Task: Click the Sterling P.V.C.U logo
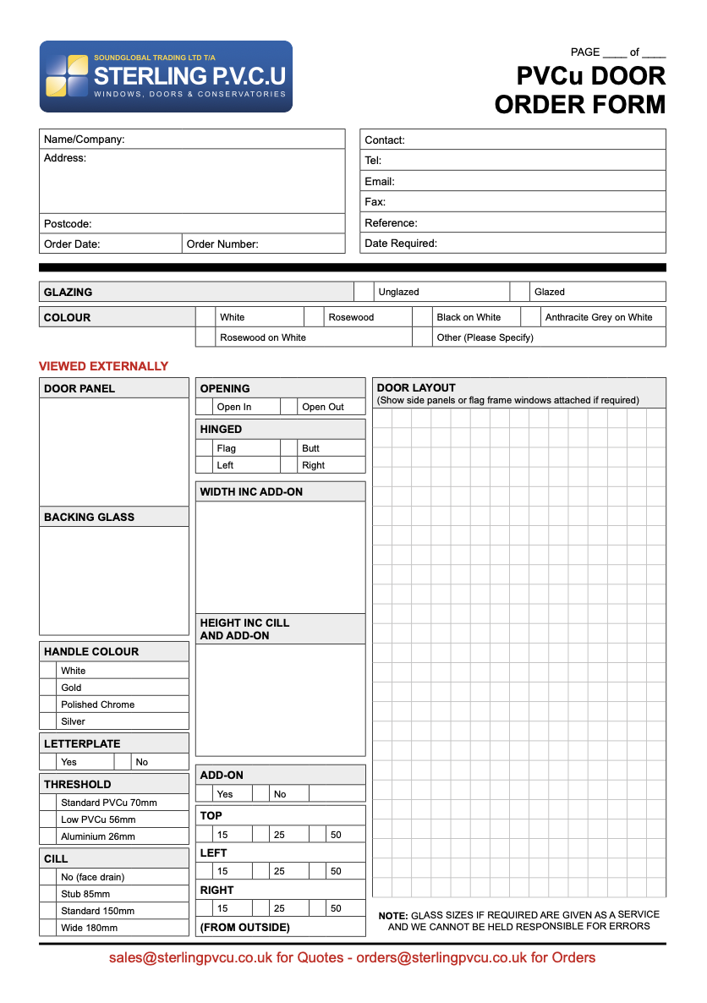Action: [x=166, y=77]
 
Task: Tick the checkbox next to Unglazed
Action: [x=364, y=292]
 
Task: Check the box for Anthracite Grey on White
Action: [x=530, y=317]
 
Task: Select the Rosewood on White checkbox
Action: [x=206, y=337]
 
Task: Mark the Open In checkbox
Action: [x=204, y=407]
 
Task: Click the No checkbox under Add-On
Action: [x=260, y=794]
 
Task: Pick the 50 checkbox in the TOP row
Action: [x=317, y=835]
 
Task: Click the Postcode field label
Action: [x=68, y=224]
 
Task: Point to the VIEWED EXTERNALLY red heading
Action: [x=103, y=366]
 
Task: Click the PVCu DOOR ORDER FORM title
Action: [x=580, y=90]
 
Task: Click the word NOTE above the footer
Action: [x=392, y=916]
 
